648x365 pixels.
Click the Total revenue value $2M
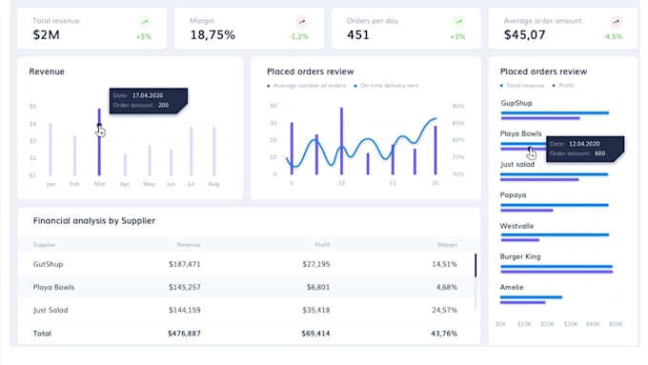click(x=46, y=35)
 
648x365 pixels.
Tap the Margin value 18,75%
click(x=213, y=35)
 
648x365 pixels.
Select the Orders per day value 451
click(x=358, y=35)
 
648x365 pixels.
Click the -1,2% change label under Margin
click(x=299, y=37)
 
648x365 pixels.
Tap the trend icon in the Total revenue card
click(x=144, y=21)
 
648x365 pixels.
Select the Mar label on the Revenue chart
click(x=99, y=184)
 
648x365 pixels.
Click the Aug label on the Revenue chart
click(x=213, y=184)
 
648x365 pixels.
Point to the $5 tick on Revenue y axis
click(x=32, y=107)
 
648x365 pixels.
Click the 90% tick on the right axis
click(x=457, y=107)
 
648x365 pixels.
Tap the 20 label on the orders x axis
click(x=435, y=183)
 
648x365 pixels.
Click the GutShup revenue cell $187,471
click(x=184, y=264)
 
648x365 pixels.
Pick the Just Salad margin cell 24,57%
click(x=444, y=310)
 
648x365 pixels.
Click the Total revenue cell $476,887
click(x=184, y=334)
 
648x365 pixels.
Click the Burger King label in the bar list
click(x=521, y=256)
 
